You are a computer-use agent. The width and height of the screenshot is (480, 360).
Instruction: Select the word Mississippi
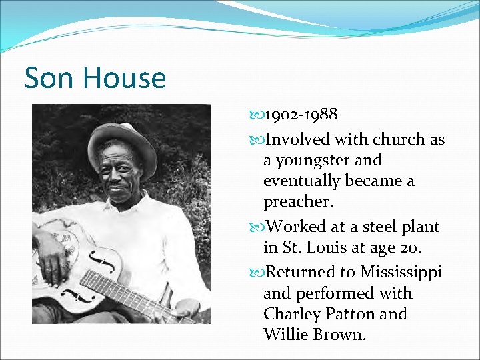pyautogui.click(x=401, y=272)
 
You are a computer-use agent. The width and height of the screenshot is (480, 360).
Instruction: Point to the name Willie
pyautogui.click(x=285, y=334)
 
